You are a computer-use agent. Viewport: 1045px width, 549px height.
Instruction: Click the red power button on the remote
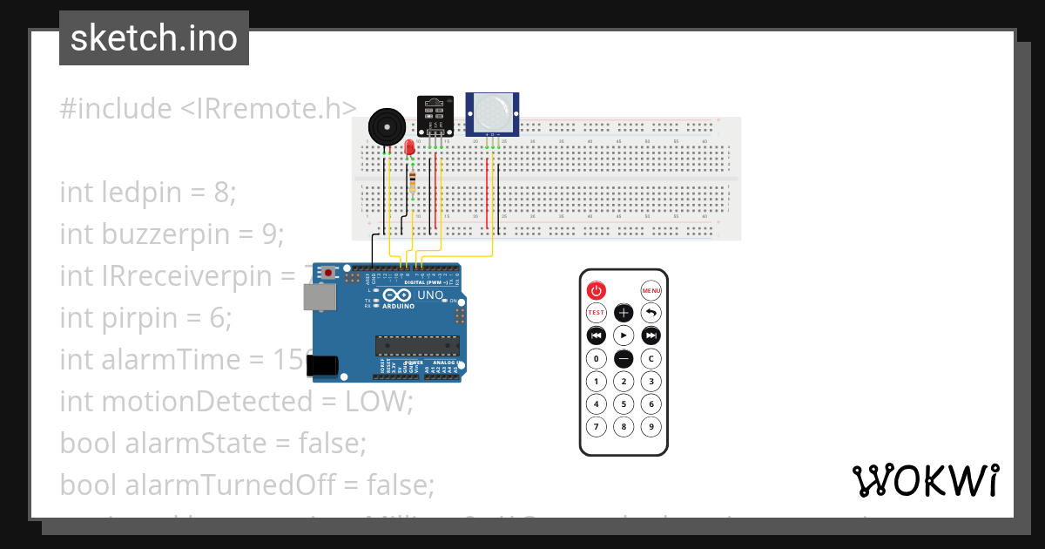596,290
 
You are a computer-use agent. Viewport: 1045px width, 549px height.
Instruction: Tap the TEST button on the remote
596,312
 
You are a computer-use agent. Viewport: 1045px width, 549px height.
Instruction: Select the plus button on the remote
624,312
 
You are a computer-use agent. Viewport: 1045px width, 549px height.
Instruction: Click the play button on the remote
624,335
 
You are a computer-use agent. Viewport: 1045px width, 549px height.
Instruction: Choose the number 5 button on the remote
624,403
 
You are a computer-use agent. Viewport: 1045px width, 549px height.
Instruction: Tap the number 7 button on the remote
596,427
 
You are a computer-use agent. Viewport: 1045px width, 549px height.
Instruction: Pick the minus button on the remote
624,358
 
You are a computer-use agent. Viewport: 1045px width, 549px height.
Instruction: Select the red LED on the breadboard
410,148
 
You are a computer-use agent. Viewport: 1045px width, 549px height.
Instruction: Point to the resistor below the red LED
412,181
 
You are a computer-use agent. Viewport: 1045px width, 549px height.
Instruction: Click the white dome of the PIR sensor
493,112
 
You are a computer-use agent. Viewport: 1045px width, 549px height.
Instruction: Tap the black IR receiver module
435,113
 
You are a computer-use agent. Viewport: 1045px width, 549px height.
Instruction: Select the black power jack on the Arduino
325,365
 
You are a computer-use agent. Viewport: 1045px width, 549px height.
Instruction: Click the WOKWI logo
925,480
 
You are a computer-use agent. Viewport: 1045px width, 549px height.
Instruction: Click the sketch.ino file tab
154,38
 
